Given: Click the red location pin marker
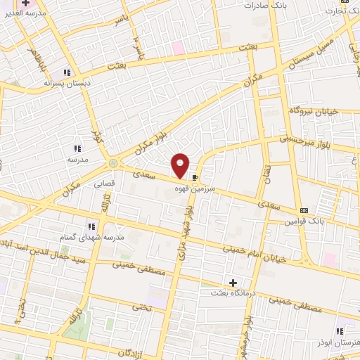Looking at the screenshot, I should pos(181,165).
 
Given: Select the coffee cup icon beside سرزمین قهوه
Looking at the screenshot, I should pos(195,178).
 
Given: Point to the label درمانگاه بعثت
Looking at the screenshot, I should pos(233,293).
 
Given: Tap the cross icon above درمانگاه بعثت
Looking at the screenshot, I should pos(233,283).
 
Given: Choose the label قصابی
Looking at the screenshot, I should pos(104,181).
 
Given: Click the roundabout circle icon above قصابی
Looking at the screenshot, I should pos(113,163).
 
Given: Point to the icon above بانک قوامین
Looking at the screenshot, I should pos(304,210).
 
